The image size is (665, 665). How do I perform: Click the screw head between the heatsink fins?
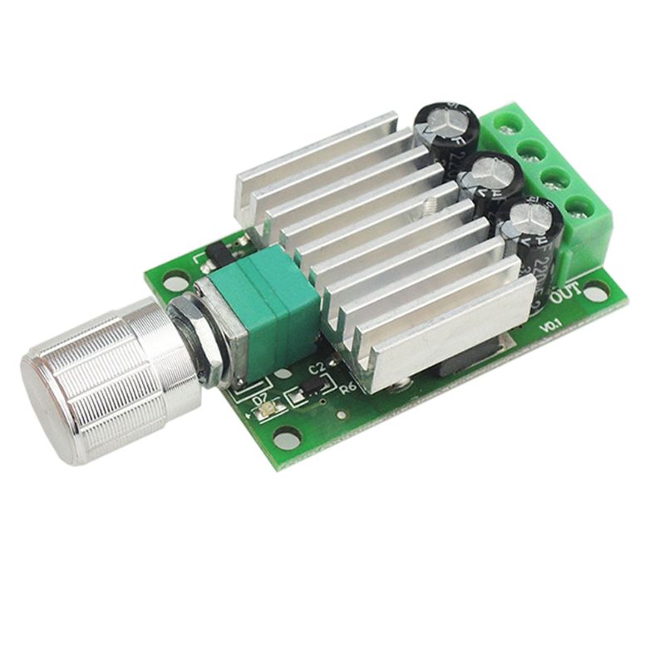pos(431,204)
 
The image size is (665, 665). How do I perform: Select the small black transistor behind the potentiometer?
pos(218,250)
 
